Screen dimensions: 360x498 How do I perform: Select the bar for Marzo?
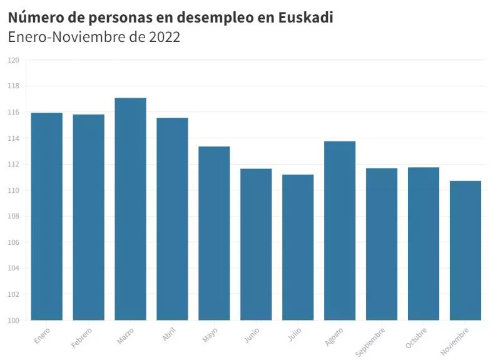click(x=130, y=209)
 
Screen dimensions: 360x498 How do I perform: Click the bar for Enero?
click(x=47, y=217)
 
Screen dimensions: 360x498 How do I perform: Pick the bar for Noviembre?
click(x=465, y=250)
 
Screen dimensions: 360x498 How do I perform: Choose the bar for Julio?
click(x=298, y=247)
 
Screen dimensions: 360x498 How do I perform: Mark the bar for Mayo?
click(x=214, y=233)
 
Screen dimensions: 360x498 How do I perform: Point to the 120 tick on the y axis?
click(x=14, y=60)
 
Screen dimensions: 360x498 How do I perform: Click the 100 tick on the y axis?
click(x=14, y=321)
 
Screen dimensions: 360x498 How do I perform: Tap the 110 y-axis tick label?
click(x=14, y=190)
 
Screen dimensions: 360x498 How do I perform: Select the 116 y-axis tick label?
click(x=14, y=112)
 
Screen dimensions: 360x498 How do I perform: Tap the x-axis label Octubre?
click(x=417, y=337)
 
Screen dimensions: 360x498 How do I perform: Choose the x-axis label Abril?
click(x=169, y=334)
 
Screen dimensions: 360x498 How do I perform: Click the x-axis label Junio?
click(x=252, y=335)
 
